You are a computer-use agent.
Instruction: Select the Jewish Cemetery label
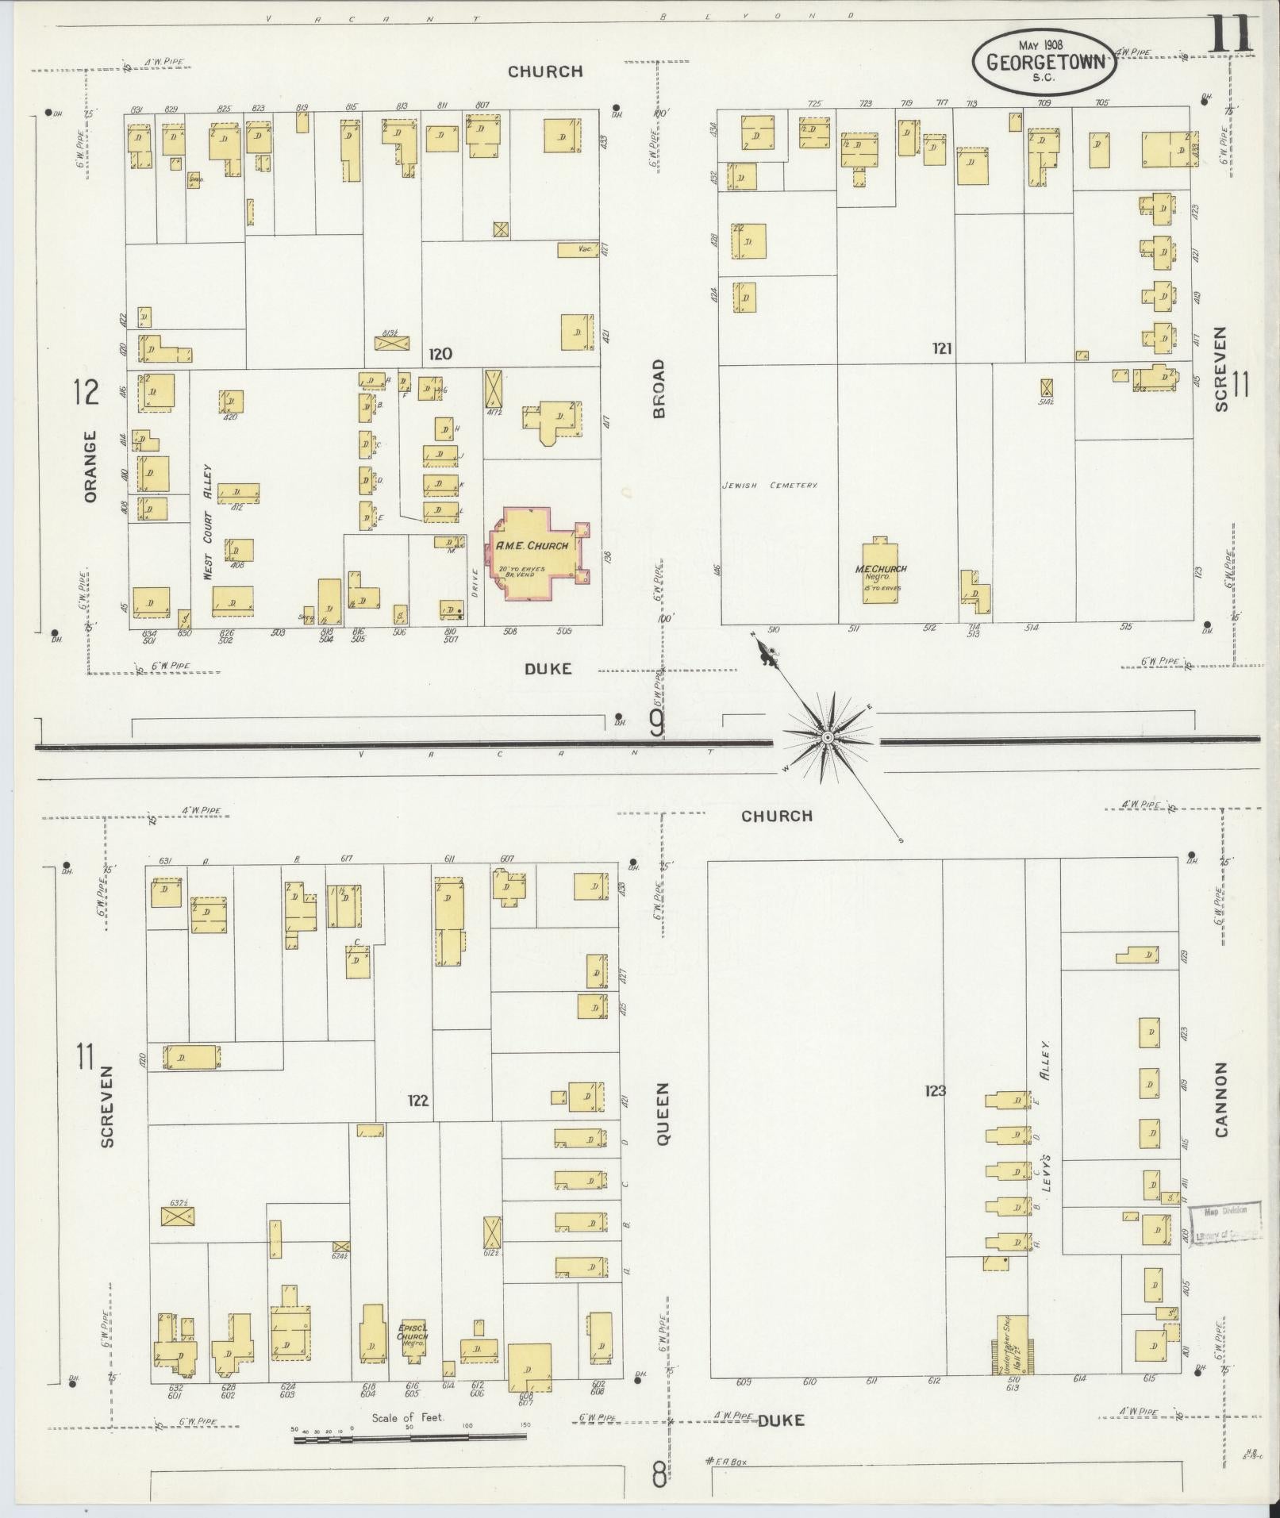click(x=770, y=485)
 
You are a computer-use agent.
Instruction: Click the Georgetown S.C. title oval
click(x=1044, y=62)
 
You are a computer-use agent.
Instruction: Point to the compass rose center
click(x=827, y=738)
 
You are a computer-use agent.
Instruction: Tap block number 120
click(x=440, y=354)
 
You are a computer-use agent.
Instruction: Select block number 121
click(x=942, y=348)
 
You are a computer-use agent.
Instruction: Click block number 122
click(x=417, y=1101)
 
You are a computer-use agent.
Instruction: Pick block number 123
click(x=935, y=1091)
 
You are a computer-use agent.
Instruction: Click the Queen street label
click(x=663, y=1113)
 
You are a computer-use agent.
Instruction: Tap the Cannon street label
click(x=1220, y=1099)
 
